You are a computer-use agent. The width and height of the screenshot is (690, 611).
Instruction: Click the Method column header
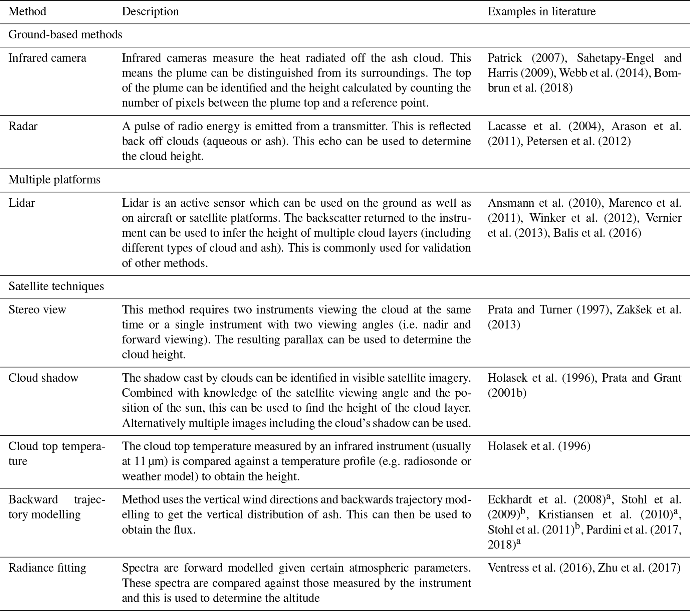27,11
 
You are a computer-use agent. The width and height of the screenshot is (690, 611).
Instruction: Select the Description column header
150,11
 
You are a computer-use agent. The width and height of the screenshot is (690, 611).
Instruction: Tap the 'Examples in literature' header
541,11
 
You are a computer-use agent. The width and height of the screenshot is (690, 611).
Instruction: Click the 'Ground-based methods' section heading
65,35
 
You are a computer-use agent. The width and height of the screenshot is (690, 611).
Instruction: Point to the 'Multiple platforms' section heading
54,180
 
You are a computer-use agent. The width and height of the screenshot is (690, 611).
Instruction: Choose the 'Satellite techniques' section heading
56,286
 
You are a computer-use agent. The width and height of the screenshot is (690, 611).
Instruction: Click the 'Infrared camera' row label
47,58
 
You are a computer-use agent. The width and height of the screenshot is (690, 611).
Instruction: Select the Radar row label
23,126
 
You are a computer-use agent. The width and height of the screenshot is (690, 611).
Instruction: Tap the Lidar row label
22,203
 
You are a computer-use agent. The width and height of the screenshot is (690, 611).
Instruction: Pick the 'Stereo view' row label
37,310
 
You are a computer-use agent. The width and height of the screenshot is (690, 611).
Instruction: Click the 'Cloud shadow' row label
43,378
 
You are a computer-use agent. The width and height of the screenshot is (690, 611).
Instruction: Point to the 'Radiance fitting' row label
47,568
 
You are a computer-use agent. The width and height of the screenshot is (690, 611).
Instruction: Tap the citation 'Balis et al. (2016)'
597,233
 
